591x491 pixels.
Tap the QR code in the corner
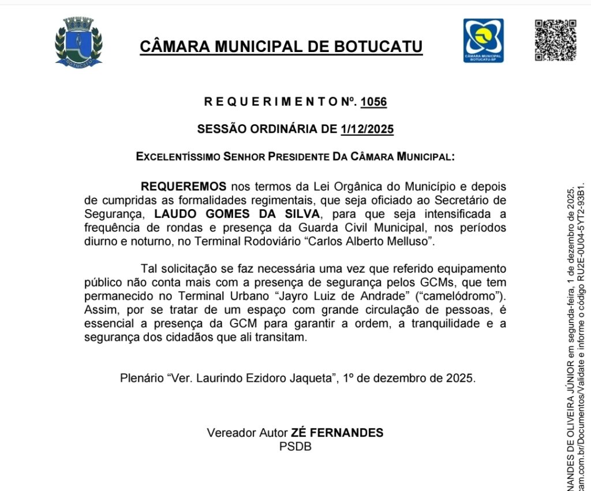pos(555,40)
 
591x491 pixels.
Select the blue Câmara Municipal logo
pos(483,40)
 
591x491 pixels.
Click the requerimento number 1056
pos(373,102)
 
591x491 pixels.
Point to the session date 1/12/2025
pos(367,129)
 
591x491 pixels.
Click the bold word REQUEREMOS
pos(184,187)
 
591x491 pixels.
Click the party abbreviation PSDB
pos(295,447)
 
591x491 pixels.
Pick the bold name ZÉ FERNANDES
pos(337,433)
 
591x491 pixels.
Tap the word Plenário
pos(141,379)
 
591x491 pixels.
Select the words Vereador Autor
pos(247,433)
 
